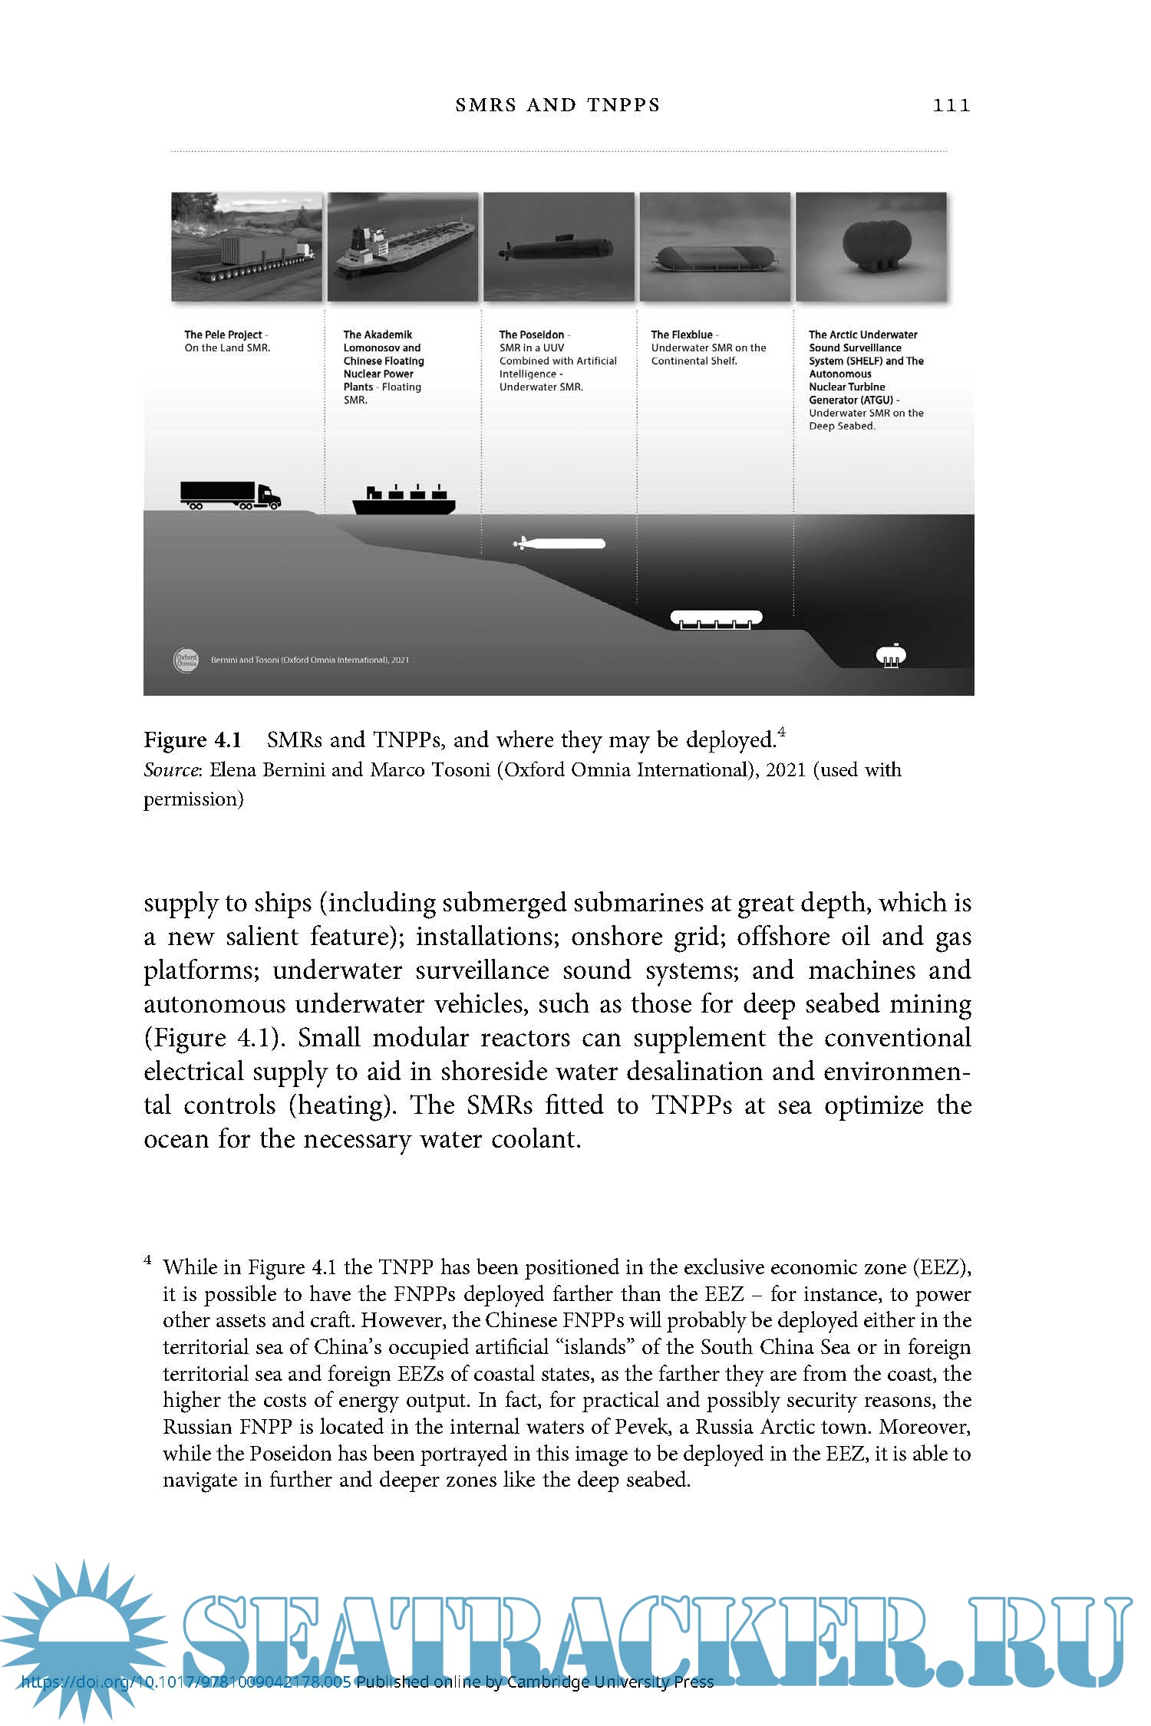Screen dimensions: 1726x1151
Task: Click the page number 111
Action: pyautogui.click(x=951, y=105)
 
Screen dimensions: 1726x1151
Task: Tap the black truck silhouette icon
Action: pyautogui.click(x=230, y=496)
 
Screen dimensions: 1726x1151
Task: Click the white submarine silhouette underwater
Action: pyautogui.click(x=559, y=544)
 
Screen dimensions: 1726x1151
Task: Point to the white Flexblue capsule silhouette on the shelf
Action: pyautogui.click(x=716, y=618)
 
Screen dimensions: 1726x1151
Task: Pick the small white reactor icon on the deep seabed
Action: pyautogui.click(x=891, y=656)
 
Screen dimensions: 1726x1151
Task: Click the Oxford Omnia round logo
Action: pyautogui.click(x=186, y=660)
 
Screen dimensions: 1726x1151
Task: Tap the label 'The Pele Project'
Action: pyautogui.click(x=223, y=334)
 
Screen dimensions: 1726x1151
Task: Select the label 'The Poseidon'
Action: pyautogui.click(x=531, y=334)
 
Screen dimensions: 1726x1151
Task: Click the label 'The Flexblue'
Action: pyautogui.click(x=681, y=334)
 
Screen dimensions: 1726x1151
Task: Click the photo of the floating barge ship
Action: pyautogui.click(x=403, y=246)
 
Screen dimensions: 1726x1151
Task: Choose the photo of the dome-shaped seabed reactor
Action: pyautogui.click(x=871, y=246)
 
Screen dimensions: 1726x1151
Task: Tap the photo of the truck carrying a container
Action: pyautogui.click(x=246, y=246)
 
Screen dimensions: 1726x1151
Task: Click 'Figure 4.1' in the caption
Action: pyautogui.click(x=193, y=740)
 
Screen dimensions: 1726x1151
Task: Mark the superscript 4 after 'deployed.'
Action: pyautogui.click(x=781, y=732)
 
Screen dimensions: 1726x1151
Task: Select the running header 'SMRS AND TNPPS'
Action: pyautogui.click(x=558, y=105)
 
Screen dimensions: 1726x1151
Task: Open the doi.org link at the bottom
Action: pyautogui.click(x=186, y=1683)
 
